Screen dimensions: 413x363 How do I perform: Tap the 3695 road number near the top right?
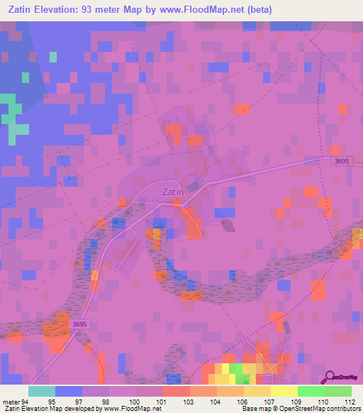(x=341, y=163)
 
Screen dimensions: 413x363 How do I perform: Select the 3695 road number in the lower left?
(x=79, y=324)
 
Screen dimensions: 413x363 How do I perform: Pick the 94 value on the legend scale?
(x=26, y=401)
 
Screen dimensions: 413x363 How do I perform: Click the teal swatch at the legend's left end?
(x=42, y=391)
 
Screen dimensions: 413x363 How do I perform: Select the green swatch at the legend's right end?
(x=338, y=391)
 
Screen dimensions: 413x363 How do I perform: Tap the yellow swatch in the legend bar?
(x=284, y=391)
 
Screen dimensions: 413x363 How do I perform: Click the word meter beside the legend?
(x=10, y=401)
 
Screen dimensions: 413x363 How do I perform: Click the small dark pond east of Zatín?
(x=228, y=226)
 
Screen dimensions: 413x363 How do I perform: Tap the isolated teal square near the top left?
(x=53, y=57)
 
